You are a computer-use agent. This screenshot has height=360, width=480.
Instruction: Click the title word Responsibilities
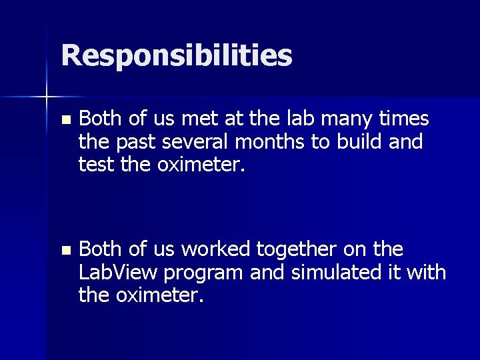coord(177,56)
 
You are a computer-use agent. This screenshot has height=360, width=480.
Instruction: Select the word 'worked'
coord(215,250)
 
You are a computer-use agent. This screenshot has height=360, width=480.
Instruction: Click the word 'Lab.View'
coord(118,272)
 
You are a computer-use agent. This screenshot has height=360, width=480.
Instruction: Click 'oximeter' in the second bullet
coord(161,294)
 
